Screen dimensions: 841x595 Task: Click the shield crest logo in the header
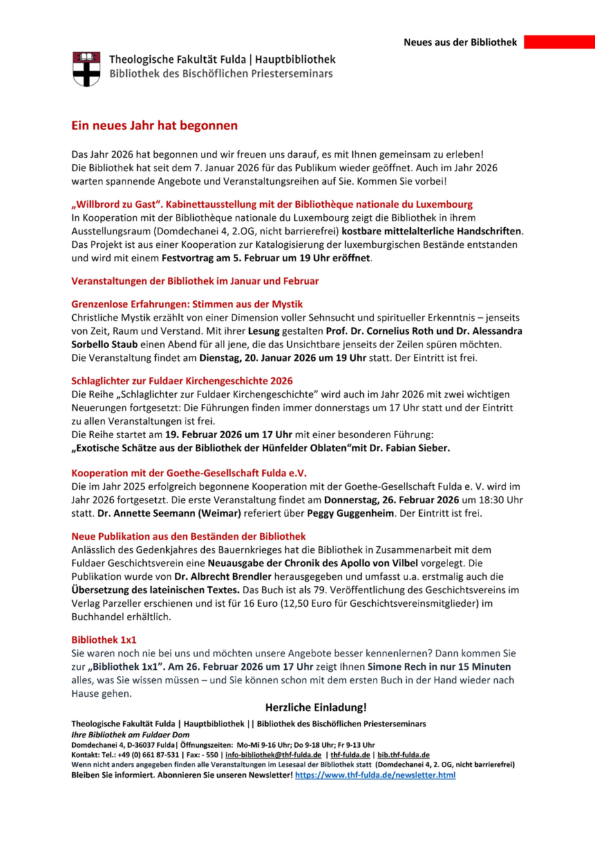click(86, 69)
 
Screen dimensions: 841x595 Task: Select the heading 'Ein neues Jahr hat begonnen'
click(155, 126)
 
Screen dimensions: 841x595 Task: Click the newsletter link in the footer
click(375, 775)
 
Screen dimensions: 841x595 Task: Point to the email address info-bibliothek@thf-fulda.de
click(274, 754)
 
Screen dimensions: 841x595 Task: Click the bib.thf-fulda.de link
click(404, 754)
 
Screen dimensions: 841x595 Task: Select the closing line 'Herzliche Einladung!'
click(316, 707)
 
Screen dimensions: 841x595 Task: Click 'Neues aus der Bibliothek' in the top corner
click(460, 42)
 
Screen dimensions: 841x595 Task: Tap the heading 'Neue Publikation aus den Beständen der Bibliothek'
click(189, 535)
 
